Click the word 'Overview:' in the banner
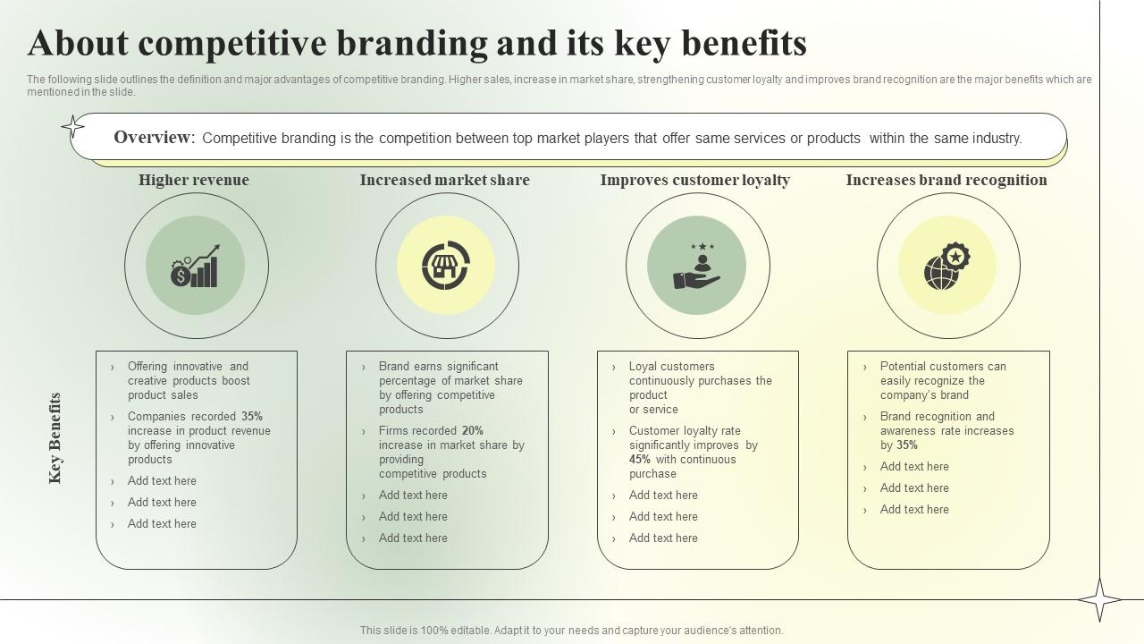point(154,138)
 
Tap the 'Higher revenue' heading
point(194,180)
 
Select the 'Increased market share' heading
point(445,180)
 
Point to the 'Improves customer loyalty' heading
point(695,180)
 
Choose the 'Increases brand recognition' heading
point(946,180)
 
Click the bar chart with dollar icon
point(196,267)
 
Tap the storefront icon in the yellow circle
point(446,266)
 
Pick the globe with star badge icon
point(947,267)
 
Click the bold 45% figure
point(640,460)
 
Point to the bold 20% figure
point(473,431)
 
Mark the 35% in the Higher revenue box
point(252,417)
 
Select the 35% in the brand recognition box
point(907,445)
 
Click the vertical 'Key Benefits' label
point(55,438)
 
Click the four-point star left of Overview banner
point(72,127)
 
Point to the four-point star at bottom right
point(1099,599)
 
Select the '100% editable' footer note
point(571,631)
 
